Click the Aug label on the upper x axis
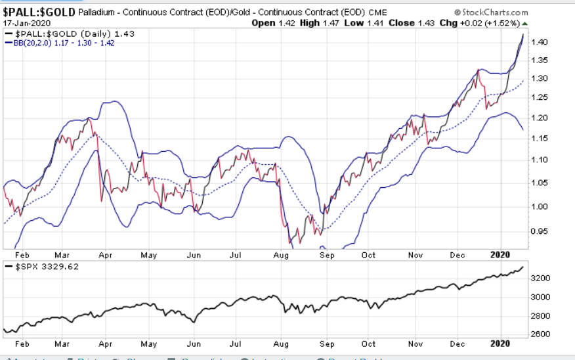click(281, 255)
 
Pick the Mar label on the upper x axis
click(63, 255)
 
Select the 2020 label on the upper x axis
click(500, 255)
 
